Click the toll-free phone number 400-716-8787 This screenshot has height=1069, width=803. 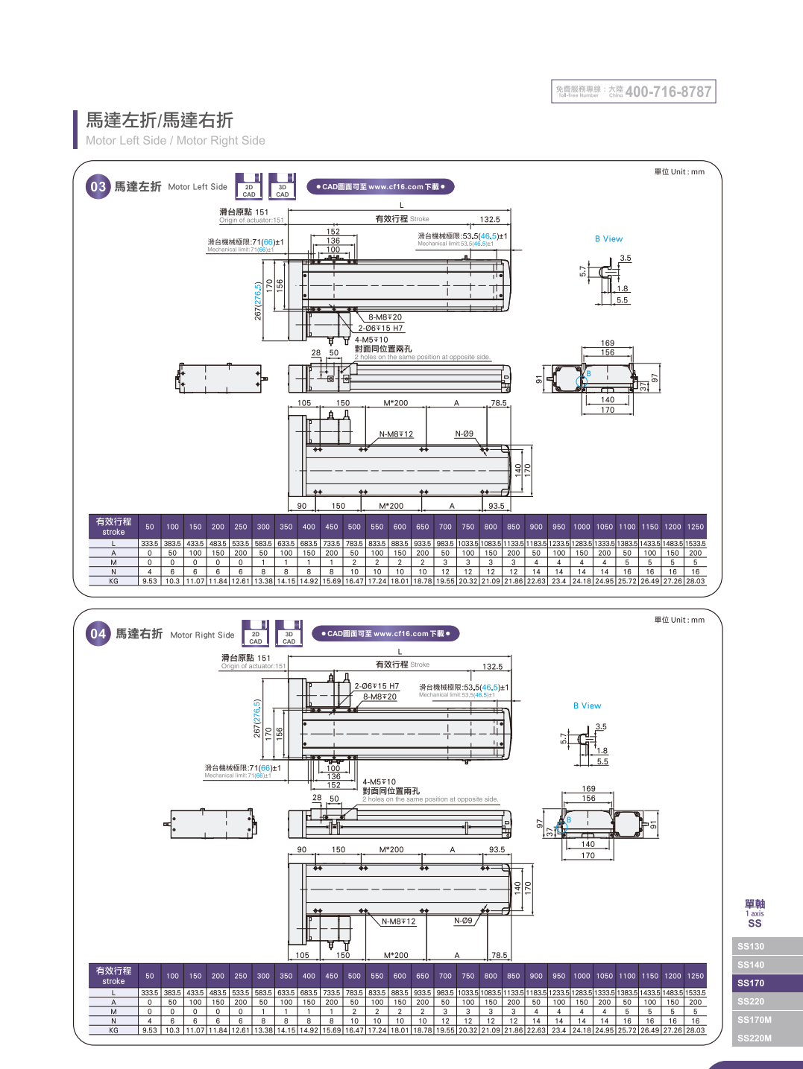coord(668,92)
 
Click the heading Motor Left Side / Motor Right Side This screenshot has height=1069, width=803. coord(175,141)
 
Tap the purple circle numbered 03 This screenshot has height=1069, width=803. coord(98,187)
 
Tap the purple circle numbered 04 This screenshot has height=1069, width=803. coord(98,634)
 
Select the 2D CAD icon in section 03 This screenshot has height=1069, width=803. coord(249,187)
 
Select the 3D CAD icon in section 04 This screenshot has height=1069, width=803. coord(289,634)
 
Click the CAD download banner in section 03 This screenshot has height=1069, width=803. coord(380,187)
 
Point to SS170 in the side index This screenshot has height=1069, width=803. coord(751,983)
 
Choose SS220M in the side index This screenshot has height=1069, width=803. coord(755,1038)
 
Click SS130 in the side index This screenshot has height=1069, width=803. coord(751,947)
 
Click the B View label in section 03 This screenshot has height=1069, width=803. coord(608,239)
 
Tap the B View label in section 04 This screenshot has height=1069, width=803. coord(587,705)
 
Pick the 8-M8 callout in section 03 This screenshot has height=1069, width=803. coord(385,317)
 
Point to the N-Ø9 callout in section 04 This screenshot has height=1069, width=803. coord(463,921)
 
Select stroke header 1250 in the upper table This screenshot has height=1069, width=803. coord(696,527)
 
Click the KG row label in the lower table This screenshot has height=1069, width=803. coord(113,1031)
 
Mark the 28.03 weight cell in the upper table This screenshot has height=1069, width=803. coord(696,581)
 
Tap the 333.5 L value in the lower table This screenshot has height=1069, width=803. coord(150,993)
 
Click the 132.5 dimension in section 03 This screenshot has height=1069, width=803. coord(490,220)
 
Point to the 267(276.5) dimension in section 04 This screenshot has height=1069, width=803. coord(257,718)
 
